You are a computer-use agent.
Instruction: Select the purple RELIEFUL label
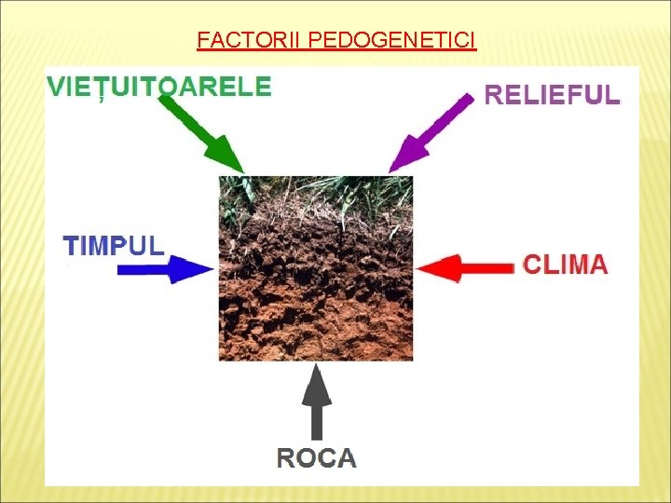coord(552,95)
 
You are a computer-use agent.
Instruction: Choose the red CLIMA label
coord(566,265)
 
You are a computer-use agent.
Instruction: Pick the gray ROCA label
coord(317,457)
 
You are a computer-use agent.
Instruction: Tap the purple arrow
coord(429,132)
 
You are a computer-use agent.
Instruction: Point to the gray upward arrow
coord(318,401)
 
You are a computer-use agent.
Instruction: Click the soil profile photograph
coord(316,267)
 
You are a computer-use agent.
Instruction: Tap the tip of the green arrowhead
coord(243,172)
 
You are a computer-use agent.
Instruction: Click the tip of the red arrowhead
coord(418,268)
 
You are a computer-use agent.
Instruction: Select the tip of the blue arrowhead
coord(214,270)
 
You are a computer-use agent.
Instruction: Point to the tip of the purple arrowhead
coord(389,172)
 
